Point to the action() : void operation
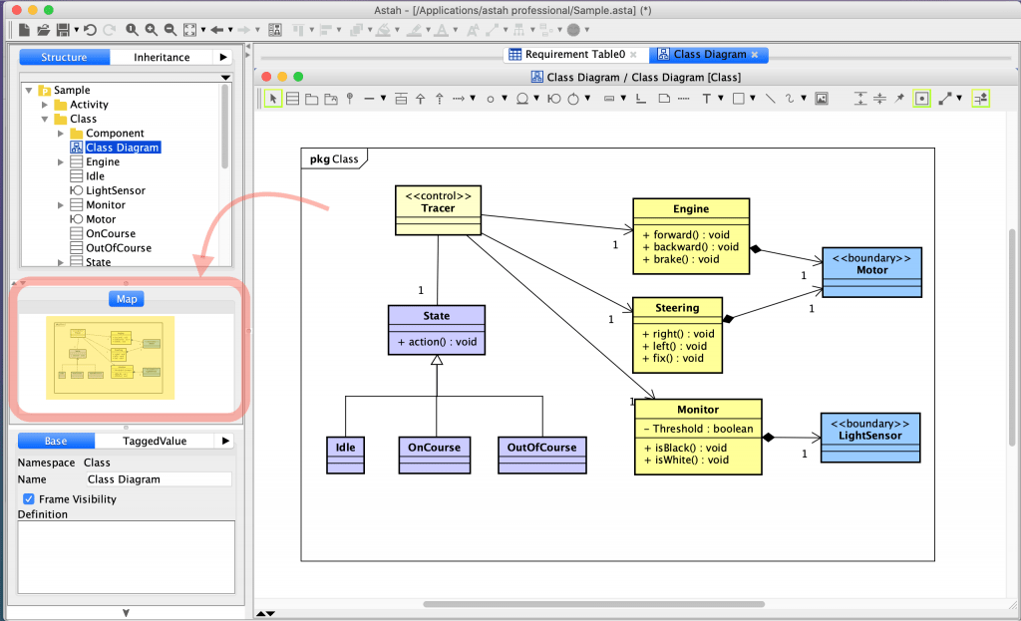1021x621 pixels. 437,342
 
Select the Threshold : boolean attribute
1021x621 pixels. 697,430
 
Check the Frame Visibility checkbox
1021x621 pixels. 29,499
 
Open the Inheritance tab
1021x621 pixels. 162,58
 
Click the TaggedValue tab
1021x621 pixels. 154,441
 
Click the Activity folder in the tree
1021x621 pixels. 89,105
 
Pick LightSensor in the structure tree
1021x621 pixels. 115,190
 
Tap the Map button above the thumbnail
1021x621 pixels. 127,299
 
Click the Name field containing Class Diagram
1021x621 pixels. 158,479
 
